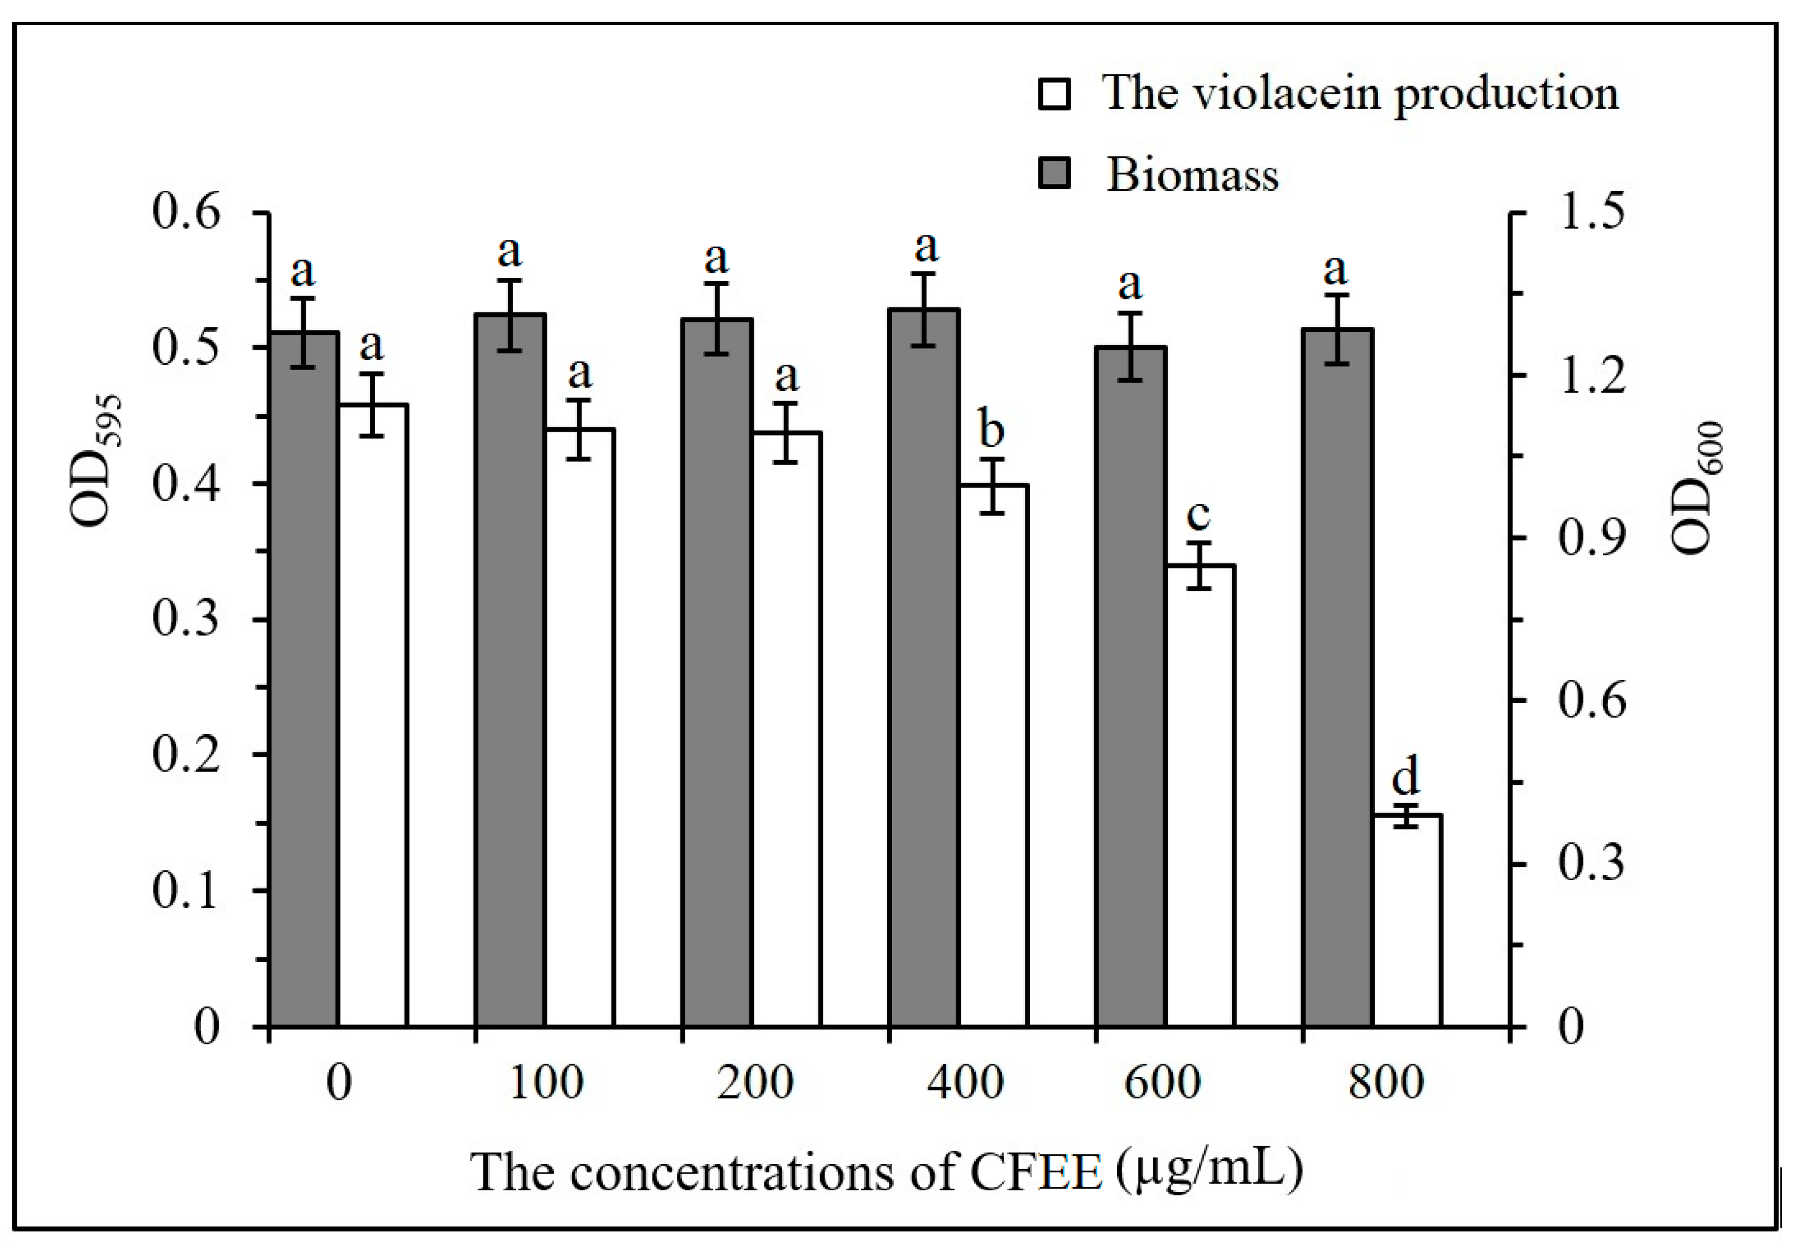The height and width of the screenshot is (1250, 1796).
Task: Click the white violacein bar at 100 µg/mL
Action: pos(580,727)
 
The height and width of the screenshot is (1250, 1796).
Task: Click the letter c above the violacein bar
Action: pos(1198,515)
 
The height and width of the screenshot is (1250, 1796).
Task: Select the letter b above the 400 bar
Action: pos(992,429)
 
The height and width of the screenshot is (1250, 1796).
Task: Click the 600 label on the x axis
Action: pos(1162,1083)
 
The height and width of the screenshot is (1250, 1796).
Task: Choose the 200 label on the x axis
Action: pos(755,1083)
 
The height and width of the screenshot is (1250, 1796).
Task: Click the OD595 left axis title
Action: pos(95,461)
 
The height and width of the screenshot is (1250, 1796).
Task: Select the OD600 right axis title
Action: pos(1697,488)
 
